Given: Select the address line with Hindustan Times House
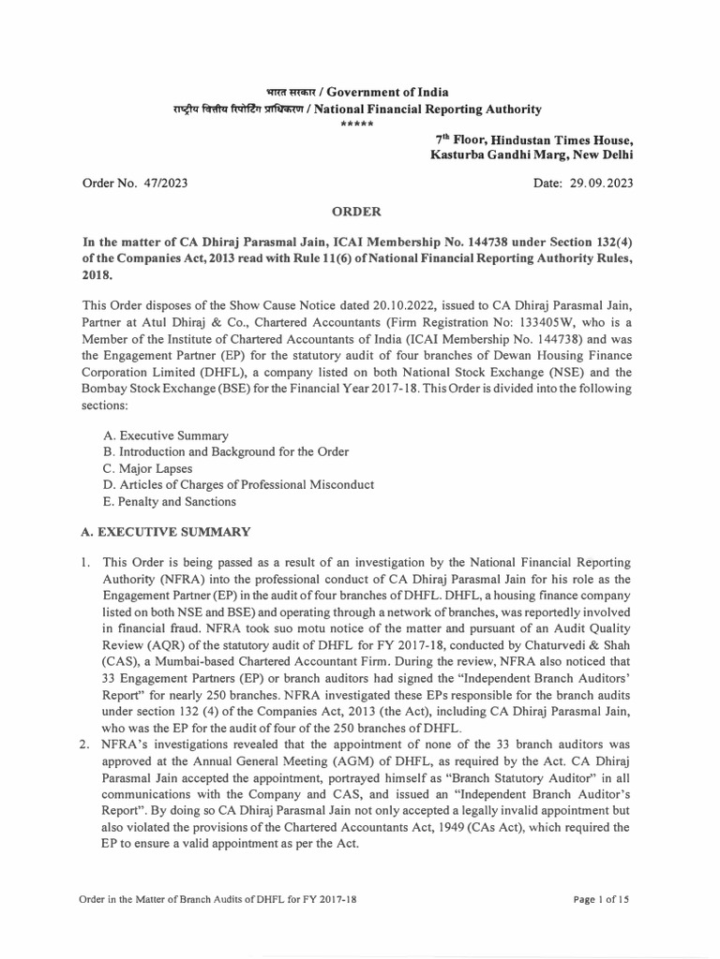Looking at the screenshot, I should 531,139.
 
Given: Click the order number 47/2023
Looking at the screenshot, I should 166,184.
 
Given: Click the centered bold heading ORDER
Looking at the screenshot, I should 359,214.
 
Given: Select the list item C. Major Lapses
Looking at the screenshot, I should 148,467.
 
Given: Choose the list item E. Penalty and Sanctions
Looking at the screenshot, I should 171,501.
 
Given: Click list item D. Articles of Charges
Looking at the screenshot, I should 238,484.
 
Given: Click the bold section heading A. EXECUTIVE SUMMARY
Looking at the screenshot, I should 166,532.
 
